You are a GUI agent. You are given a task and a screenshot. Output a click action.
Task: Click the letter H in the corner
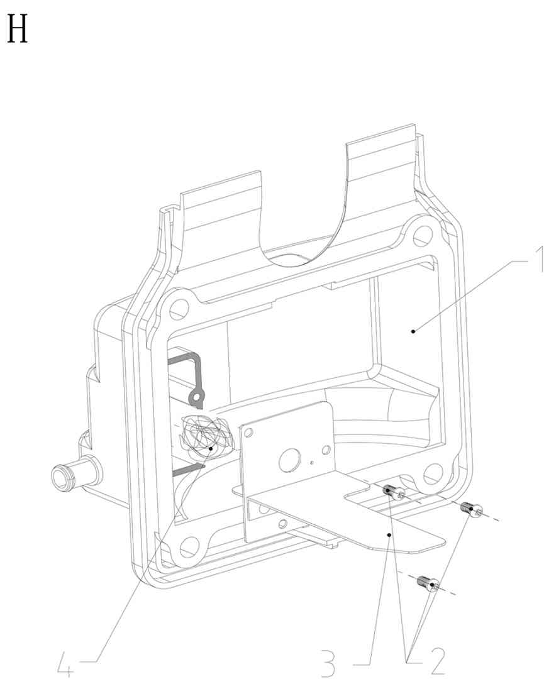(18, 30)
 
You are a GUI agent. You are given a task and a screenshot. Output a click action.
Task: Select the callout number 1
(538, 260)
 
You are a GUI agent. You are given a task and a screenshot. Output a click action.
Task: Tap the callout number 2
(437, 661)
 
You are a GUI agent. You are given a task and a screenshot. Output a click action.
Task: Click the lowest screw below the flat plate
(428, 584)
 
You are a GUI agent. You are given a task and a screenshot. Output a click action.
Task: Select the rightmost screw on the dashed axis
(472, 509)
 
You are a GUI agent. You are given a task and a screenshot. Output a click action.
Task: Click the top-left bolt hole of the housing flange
(179, 307)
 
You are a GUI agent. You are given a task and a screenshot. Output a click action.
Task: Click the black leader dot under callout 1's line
(413, 331)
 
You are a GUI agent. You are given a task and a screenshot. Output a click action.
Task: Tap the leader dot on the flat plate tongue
(391, 535)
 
